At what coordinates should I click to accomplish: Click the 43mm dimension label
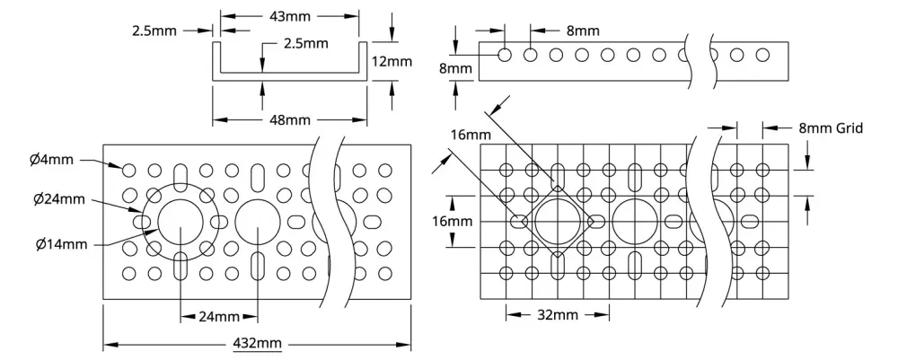pos(290,16)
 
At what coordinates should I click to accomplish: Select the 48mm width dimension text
pos(290,120)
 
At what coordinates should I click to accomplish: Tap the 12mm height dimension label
pos(392,61)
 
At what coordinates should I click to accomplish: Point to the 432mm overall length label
pos(258,344)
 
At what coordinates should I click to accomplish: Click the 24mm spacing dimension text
pos(219,317)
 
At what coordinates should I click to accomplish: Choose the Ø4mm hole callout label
pos(51,160)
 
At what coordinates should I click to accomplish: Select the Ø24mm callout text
pos(59,199)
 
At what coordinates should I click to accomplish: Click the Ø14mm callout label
pos(61,245)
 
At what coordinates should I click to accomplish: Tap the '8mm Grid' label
pos(831,128)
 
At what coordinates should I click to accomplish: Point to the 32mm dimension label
pos(558,315)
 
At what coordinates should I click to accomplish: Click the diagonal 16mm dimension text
pos(471,136)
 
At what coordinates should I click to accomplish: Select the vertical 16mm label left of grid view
pos(453,221)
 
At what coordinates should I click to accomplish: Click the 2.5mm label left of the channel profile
pos(154,31)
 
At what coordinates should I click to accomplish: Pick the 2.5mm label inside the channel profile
pos(306,43)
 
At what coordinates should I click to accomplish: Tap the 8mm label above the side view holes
pos(583,31)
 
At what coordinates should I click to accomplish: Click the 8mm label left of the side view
pos(456,69)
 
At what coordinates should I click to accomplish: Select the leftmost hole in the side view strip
pos(505,55)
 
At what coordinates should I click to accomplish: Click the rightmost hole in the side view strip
pos(762,55)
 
